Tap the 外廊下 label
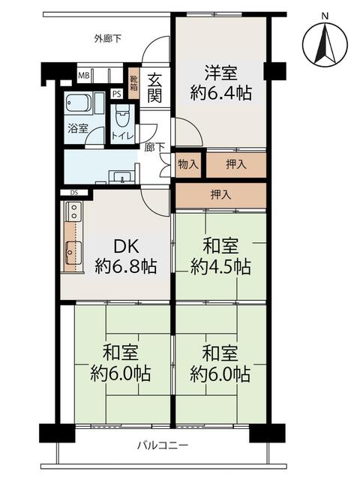(108, 39)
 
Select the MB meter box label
(83, 76)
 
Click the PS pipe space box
(117, 94)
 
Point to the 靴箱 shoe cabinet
(133, 82)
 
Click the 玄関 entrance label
(155, 88)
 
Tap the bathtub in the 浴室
(78, 103)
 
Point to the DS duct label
(74, 193)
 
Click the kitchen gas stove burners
(74, 211)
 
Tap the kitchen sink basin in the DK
(73, 253)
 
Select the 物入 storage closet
(188, 165)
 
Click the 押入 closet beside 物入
(236, 165)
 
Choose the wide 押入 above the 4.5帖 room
(220, 195)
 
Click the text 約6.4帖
(221, 93)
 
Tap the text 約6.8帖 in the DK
(126, 266)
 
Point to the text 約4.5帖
(220, 267)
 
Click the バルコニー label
(162, 445)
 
